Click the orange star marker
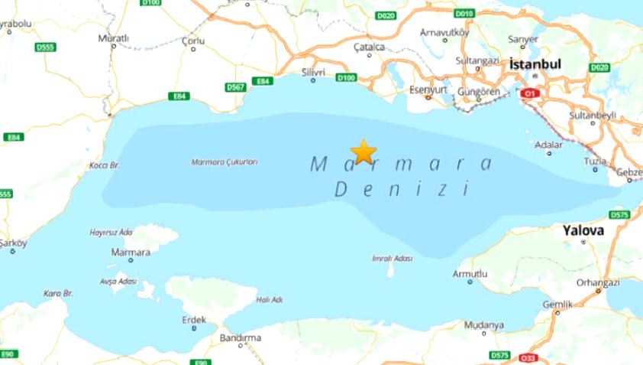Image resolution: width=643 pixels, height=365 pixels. [x=363, y=152]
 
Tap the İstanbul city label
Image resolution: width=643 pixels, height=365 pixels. [x=534, y=65]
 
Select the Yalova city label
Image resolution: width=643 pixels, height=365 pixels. [x=584, y=230]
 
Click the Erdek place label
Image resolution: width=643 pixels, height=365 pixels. [x=194, y=319]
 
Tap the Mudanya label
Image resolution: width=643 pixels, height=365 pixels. [x=483, y=325]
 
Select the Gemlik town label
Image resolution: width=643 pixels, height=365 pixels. [x=557, y=304]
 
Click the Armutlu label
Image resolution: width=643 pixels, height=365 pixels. [x=470, y=273]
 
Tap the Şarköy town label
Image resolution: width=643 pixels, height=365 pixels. [x=13, y=243]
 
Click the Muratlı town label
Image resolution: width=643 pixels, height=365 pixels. [x=114, y=37]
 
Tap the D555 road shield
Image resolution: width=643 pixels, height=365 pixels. [x=45, y=47]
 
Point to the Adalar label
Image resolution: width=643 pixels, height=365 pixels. [x=548, y=144]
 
